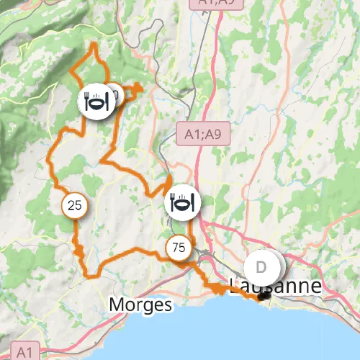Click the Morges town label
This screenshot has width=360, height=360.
coord(141,305)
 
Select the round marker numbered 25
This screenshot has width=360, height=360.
coord(74,206)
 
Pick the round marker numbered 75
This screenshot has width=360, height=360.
coord(179,248)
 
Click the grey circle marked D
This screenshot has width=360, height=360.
coord(261,267)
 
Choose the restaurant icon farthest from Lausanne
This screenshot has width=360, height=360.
coord(96,102)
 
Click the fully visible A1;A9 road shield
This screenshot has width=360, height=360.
coord(202,133)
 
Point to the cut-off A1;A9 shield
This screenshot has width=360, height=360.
coord(216,4)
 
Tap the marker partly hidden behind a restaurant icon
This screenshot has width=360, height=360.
coord(115,94)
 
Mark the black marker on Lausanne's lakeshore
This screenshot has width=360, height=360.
coord(265,294)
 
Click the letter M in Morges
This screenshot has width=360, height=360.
coord(117,305)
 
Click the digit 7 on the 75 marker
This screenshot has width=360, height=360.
coord(176,248)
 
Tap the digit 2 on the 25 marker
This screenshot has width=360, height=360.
coord(71,206)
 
